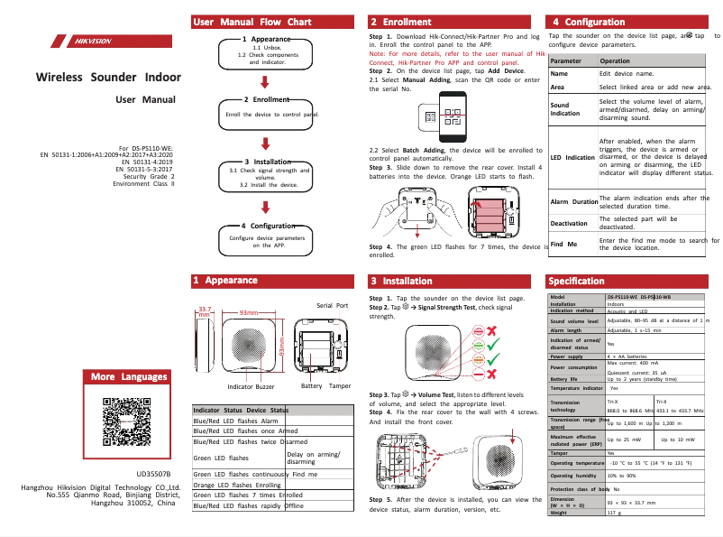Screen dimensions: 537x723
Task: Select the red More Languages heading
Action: [x=129, y=376]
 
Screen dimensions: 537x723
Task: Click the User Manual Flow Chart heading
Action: [x=252, y=22]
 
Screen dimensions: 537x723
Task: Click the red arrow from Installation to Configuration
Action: [x=265, y=204]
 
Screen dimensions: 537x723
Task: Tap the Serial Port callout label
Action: [x=332, y=306]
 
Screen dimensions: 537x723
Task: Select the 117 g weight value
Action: [x=613, y=513]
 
